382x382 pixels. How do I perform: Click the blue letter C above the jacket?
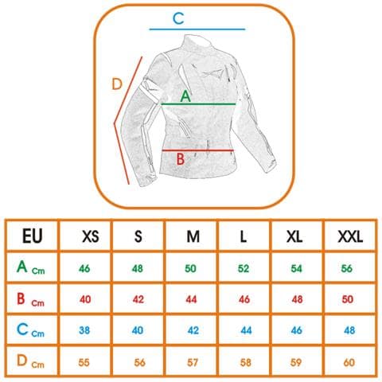click(x=178, y=18)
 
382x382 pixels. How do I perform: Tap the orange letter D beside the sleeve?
click(x=117, y=84)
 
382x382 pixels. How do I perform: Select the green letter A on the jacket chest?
click(x=185, y=96)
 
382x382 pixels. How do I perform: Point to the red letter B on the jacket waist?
click(x=181, y=159)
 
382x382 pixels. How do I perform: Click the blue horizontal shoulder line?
click(x=197, y=29)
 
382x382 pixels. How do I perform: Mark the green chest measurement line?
click(x=198, y=104)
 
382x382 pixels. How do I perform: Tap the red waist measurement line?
click(x=197, y=150)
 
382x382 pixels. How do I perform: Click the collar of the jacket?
click(x=198, y=42)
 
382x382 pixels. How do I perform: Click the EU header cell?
click(x=33, y=236)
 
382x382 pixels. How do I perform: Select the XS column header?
click(x=91, y=236)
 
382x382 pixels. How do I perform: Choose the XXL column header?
click(x=350, y=236)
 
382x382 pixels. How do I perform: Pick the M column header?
click(x=193, y=236)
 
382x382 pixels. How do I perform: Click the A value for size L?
click(x=244, y=268)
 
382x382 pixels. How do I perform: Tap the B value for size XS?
click(x=85, y=299)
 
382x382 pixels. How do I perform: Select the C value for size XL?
click(x=296, y=330)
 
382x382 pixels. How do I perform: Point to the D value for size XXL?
click(x=349, y=362)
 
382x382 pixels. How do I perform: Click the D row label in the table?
click(x=30, y=361)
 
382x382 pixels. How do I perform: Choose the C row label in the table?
click(x=30, y=330)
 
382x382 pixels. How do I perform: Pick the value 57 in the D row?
click(x=193, y=362)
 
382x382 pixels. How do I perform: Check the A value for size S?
click(x=138, y=268)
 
